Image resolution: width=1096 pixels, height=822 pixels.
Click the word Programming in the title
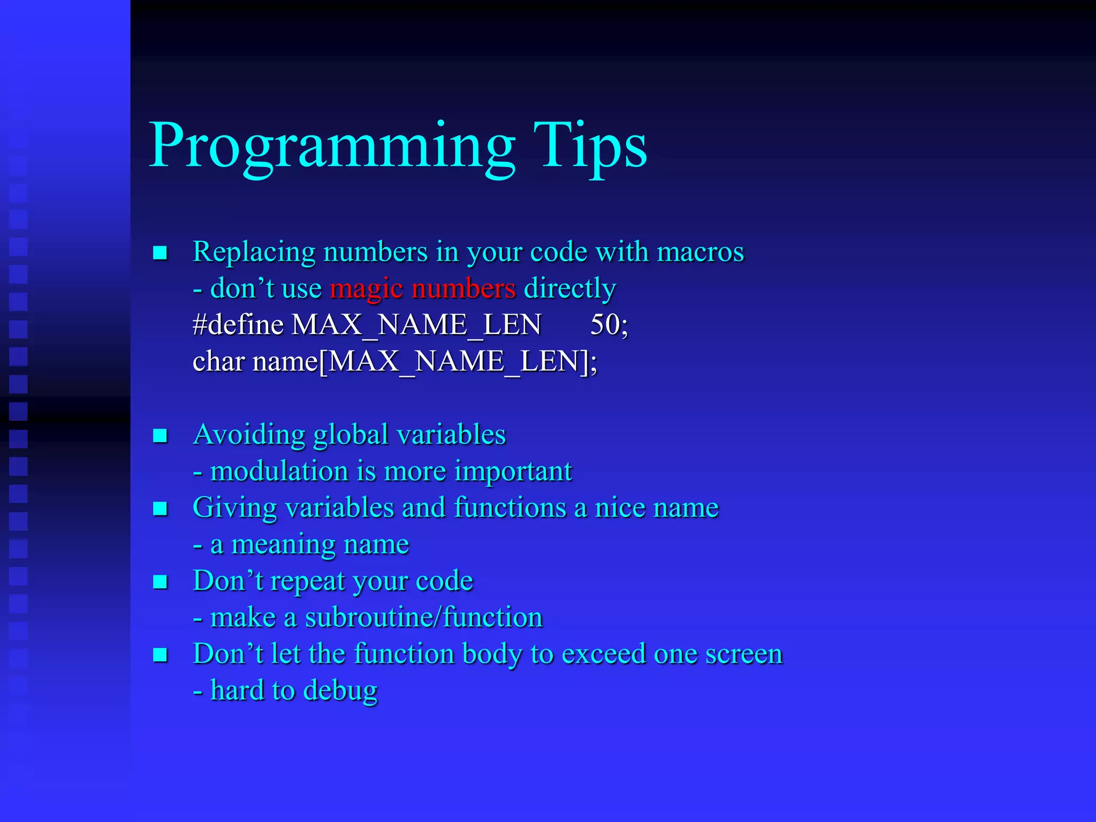pos(332,146)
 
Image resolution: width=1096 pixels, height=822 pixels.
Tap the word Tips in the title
pos(590,146)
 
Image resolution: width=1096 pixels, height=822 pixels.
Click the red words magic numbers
pos(423,288)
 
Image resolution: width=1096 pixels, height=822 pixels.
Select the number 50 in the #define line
pos(605,324)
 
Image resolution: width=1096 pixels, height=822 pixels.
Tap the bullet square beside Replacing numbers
pos(160,253)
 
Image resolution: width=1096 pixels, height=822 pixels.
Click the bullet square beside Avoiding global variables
pos(160,436)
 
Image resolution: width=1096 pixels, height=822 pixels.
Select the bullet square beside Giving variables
pos(160,508)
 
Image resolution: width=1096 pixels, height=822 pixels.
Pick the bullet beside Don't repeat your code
pos(160,582)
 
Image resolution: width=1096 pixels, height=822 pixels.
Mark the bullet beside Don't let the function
pos(160,655)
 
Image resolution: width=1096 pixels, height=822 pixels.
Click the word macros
pos(700,252)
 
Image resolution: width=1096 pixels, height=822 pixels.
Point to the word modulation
pos(279,471)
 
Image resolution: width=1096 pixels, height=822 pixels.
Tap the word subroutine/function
pos(424,618)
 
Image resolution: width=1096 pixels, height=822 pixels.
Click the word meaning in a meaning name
pos(283,545)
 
